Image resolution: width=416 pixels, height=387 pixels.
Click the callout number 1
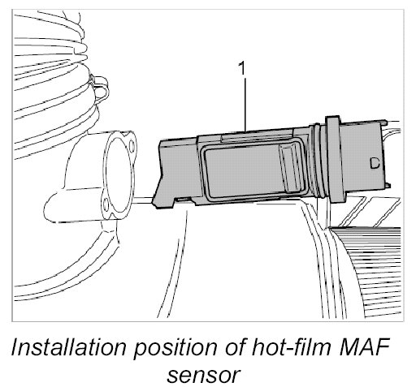(x=242, y=68)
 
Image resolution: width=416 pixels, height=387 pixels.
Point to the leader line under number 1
(x=245, y=105)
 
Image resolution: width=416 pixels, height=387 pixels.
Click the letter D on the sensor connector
(x=375, y=163)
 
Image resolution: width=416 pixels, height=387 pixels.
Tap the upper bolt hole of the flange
(x=132, y=146)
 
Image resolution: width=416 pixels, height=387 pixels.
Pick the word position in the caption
(x=175, y=349)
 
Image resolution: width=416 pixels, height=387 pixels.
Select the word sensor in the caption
(x=203, y=376)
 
